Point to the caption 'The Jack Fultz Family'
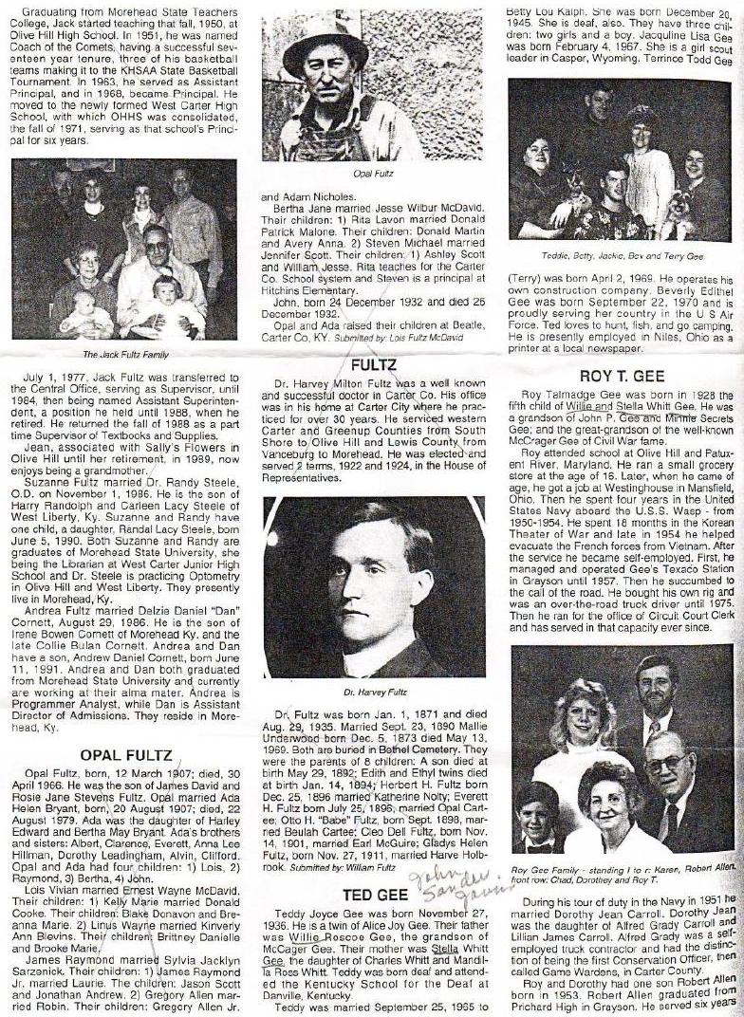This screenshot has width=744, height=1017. [x=125, y=355]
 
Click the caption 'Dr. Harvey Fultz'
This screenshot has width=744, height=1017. [x=373, y=694]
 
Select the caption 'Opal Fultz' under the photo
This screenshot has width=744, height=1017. [x=371, y=176]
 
